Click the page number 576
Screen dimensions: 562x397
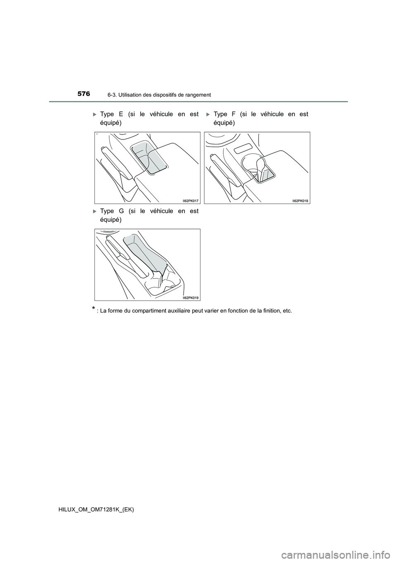83,94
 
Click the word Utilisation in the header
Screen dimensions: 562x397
124,95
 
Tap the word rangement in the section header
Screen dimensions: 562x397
197,95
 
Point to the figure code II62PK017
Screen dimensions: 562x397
191,201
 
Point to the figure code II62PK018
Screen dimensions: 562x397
301,201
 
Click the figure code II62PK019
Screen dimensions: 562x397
191,298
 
